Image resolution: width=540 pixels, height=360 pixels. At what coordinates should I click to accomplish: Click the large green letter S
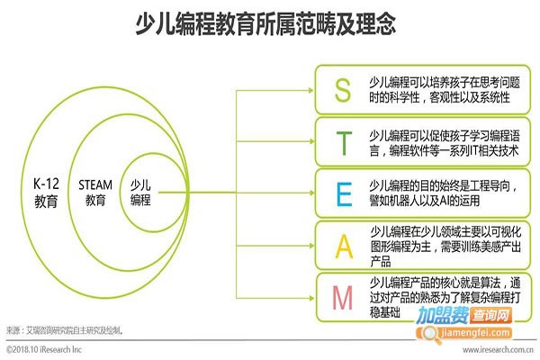(343, 90)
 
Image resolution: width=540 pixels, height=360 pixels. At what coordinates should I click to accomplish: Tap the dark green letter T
(344, 143)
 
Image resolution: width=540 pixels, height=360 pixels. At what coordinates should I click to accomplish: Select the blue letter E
(344, 194)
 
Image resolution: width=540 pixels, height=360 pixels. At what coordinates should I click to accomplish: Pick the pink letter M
(342, 298)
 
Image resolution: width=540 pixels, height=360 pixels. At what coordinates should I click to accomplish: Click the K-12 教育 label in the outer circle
(46, 193)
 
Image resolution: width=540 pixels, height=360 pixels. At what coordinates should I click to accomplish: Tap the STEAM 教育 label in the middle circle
(95, 193)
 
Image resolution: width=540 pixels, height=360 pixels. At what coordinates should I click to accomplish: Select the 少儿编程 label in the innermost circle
(140, 193)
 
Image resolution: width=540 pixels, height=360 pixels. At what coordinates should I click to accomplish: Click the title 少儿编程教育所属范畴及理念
(265, 23)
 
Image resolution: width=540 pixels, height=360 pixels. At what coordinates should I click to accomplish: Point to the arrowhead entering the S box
(311, 90)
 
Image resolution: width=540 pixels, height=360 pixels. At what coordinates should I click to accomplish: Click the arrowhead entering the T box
(311, 141)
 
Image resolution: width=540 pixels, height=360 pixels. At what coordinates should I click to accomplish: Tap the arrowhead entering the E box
(311, 193)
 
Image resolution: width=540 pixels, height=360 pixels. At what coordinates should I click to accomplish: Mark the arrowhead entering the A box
(311, 246)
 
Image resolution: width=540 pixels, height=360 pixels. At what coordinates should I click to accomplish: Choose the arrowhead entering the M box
(311, 298)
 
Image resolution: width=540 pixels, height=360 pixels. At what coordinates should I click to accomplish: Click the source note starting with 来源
(65, 330)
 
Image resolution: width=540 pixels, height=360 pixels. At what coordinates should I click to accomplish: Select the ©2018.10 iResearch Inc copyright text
(44, 349)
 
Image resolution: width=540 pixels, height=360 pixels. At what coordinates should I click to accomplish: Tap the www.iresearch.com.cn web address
(498, 350)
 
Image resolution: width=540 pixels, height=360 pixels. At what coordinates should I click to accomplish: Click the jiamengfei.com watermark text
(475, 333)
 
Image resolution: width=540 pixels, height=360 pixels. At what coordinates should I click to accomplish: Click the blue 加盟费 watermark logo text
(443, 315)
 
